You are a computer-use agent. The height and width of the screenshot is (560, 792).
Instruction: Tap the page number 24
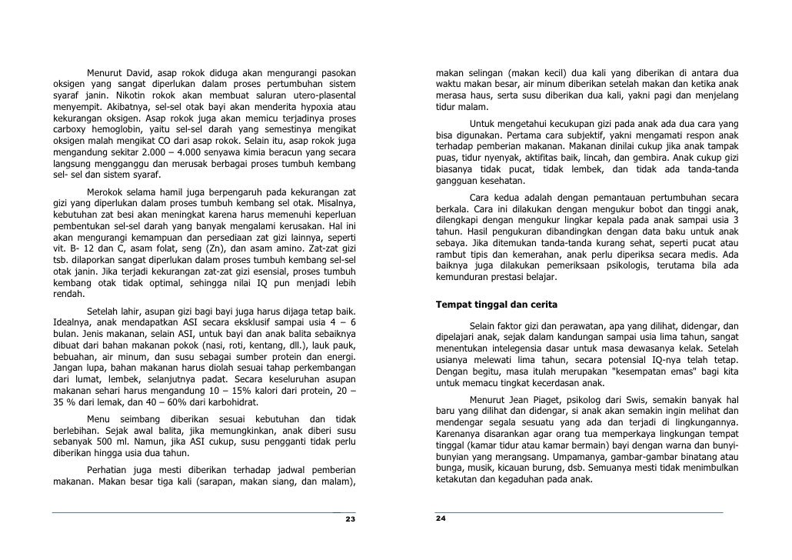click(x=441, y=518)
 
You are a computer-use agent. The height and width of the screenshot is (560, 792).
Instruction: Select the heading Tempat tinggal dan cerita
click(x=496, y=305)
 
